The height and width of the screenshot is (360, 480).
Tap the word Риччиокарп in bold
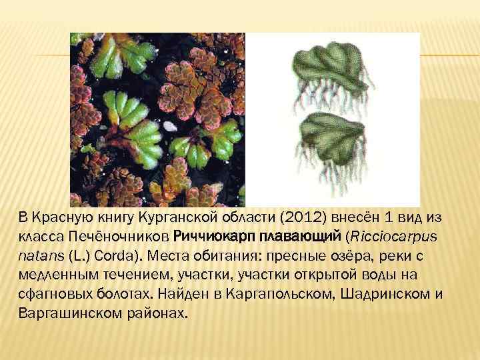207,236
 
